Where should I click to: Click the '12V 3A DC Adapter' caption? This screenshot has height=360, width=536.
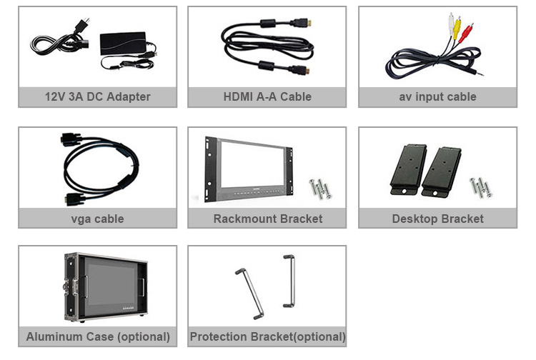pos(97,97)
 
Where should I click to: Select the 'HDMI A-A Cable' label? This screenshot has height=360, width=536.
pos(267,97)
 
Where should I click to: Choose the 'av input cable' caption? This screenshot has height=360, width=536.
pos(437,97)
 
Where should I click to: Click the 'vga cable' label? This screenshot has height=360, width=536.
pos(97,219)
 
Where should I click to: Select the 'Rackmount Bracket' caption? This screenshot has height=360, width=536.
pos(267,219)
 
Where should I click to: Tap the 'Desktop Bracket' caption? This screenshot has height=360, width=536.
pos(437,219)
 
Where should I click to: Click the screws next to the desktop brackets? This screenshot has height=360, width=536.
pos(480,187)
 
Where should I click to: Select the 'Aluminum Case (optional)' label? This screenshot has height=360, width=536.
pos(98,336)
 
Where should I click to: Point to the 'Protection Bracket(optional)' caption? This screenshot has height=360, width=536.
pos(267,336)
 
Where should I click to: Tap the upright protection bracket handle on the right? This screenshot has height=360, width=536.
pos(289,281)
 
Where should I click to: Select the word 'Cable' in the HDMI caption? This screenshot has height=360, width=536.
pos(295,97)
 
